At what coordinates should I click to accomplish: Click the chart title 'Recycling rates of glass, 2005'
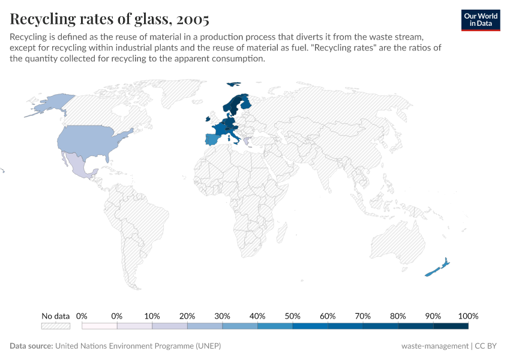(x=110, y=19)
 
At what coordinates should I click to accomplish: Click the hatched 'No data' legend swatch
(x=55, y=326)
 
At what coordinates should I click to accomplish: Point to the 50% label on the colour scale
(x=292, y=316)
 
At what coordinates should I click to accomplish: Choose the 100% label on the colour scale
(x=468, y=316)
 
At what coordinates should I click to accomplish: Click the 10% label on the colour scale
(x=152, y=316)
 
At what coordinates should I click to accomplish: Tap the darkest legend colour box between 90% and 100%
(x=451, y=326)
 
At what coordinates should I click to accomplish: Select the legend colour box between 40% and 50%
(x=275, y=326)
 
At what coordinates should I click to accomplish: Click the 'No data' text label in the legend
(x=55, y=316)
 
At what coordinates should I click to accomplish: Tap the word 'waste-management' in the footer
(x=434, y=346)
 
